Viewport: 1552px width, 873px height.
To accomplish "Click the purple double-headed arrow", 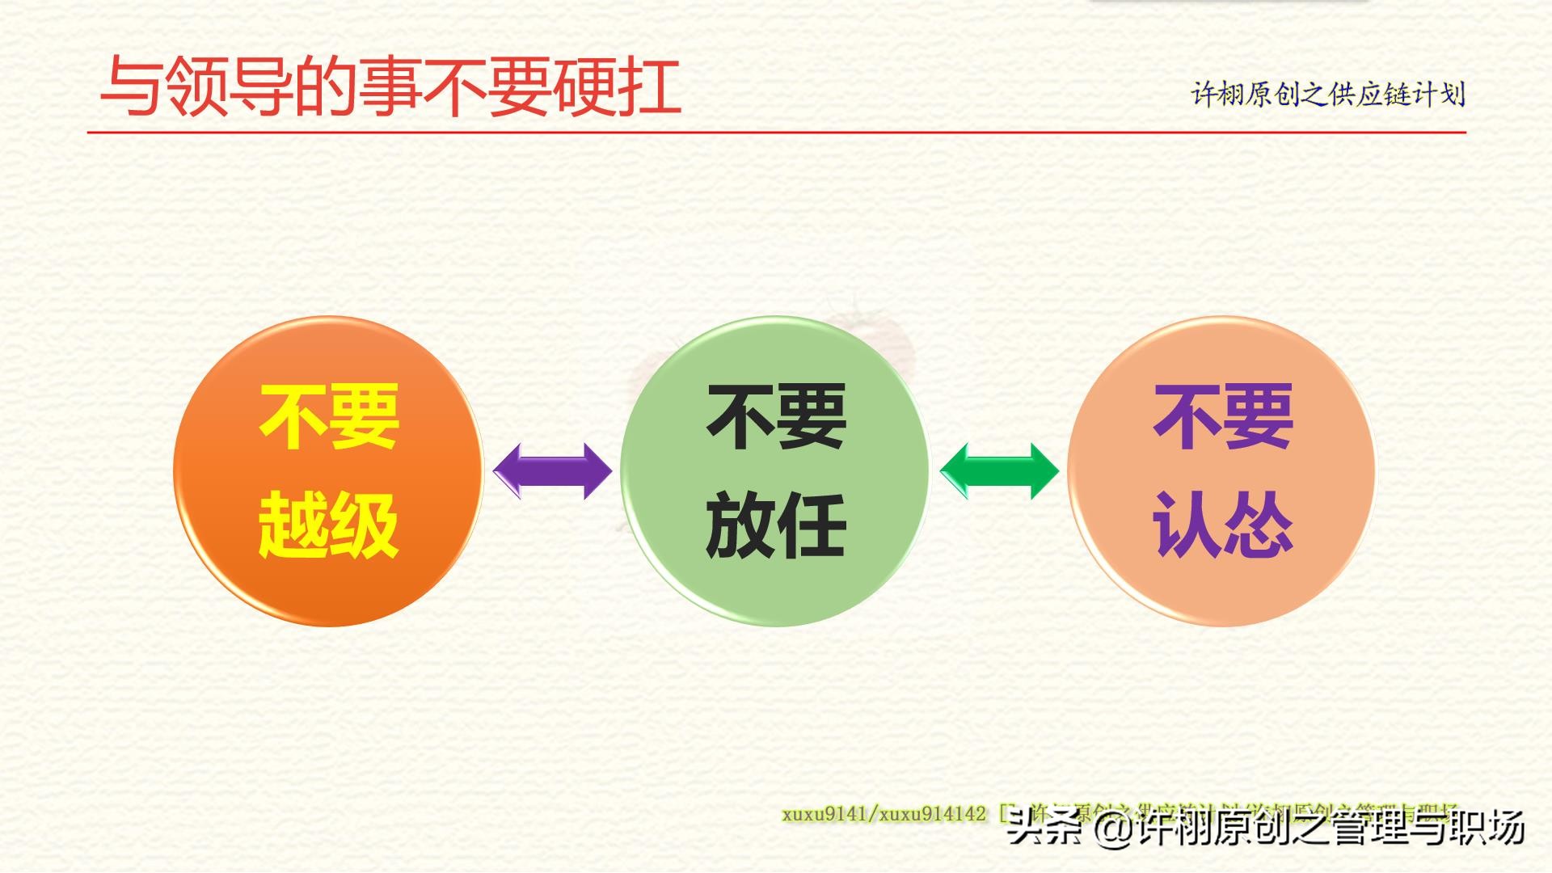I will coord(553,471).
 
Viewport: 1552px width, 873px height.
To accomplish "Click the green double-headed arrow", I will coord(1000,471).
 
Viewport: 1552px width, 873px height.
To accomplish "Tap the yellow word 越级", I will coord(328,525).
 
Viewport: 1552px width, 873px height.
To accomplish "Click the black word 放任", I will coord(776,525).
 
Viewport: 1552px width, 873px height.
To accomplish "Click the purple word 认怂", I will coord(1223,525).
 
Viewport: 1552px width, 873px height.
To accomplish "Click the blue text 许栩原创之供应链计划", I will coord(1327,95).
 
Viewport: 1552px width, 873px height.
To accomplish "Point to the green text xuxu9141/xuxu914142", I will coord(884,814).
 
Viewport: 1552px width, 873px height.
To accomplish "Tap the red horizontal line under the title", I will coord(776,132).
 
